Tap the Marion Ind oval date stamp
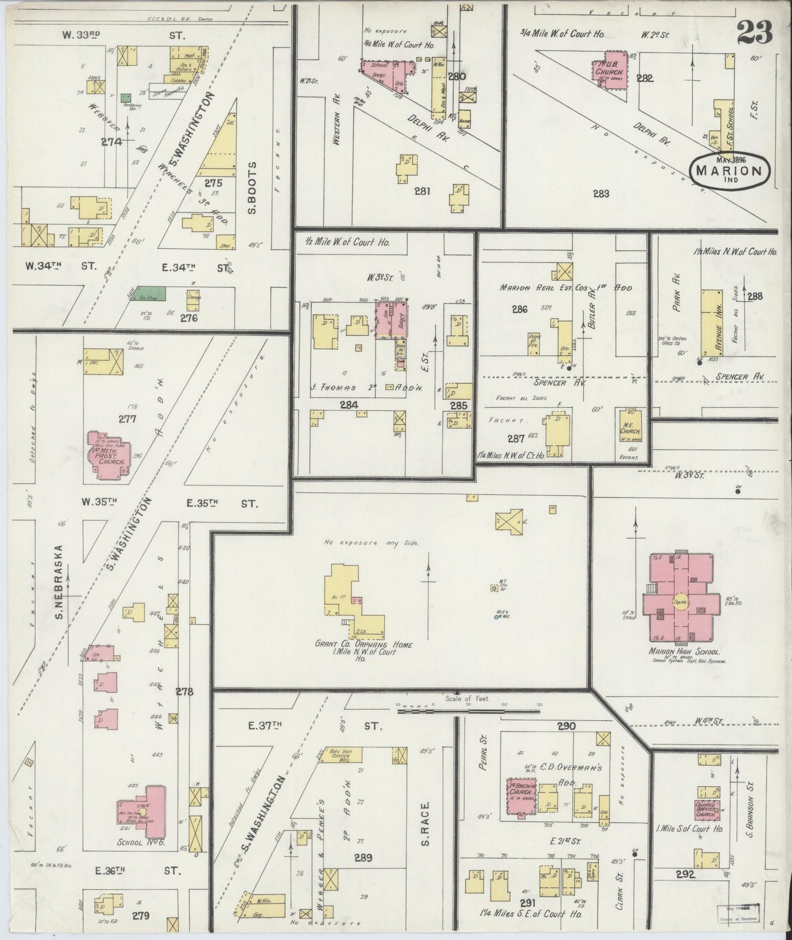point(730,169)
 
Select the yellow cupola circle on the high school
point(680,602)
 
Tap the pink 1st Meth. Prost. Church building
point(107,455)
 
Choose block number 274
point(111,141)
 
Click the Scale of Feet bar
point(469,711)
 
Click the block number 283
point(601,193)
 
